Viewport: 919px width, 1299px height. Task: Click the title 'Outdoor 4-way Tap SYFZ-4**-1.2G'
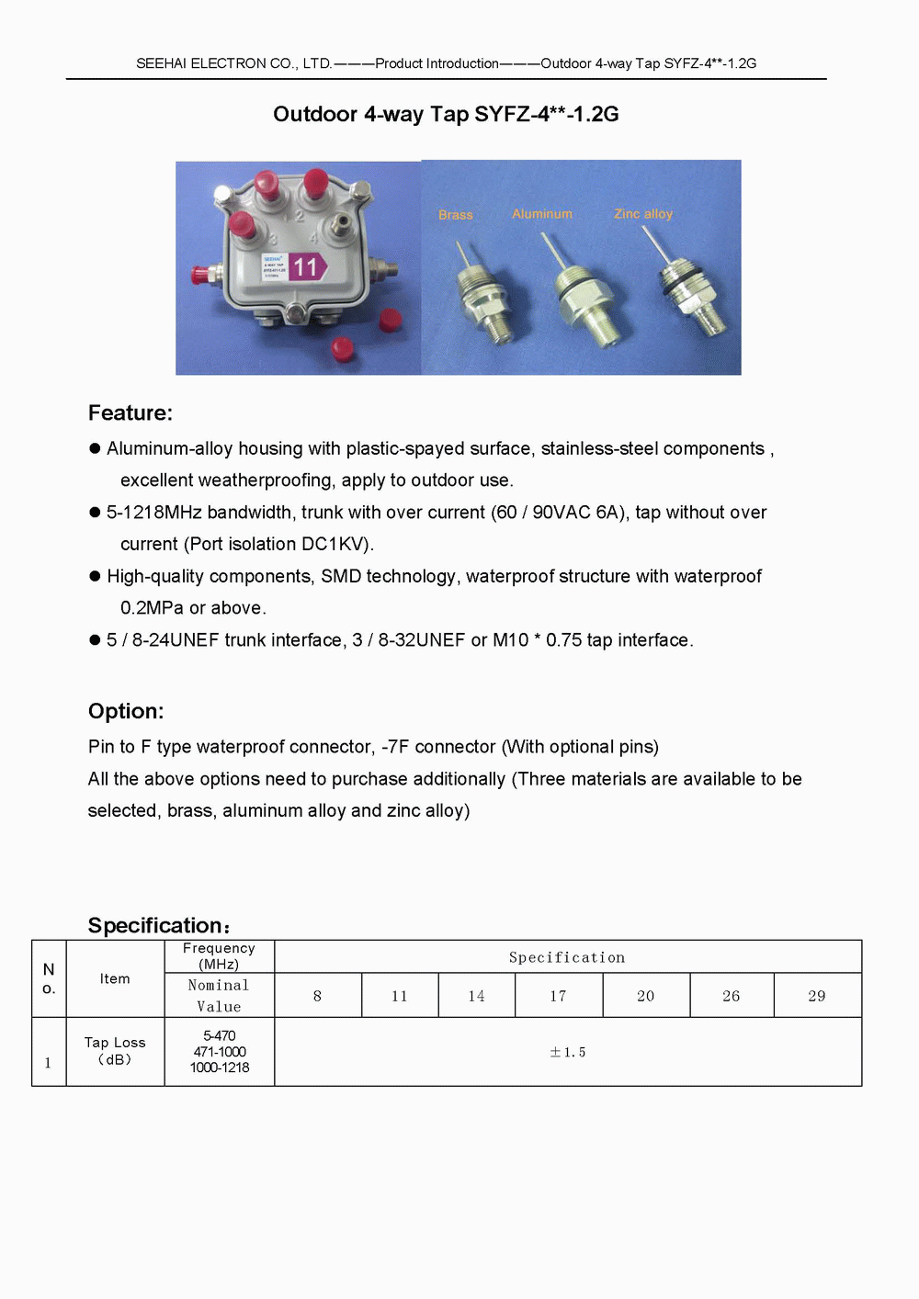pos(446,114)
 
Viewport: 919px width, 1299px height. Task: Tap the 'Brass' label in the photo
pos(456,215)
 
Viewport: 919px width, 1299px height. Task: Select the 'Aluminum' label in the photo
pos(542,214)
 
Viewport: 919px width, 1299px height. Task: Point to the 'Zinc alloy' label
pos(643,214)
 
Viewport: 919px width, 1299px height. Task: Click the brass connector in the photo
pos(483,299)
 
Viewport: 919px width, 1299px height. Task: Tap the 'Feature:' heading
pos(130,413)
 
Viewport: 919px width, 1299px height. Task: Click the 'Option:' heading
pos(126,711)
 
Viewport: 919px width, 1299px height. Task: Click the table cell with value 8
pos(318,996)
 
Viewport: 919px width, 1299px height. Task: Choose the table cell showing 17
pos(558,996)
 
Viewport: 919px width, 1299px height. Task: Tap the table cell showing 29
pos(817,996)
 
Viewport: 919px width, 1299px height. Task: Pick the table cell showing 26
pos(732,996)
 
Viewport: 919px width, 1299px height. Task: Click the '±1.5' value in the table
pos(568,1053)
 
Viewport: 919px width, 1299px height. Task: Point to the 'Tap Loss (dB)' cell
pos(115,1051)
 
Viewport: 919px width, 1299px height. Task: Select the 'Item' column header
pos(115,978)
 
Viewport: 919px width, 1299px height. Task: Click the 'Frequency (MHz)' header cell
pos(219,956)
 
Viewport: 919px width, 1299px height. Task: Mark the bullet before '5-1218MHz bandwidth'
pos(95,513)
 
